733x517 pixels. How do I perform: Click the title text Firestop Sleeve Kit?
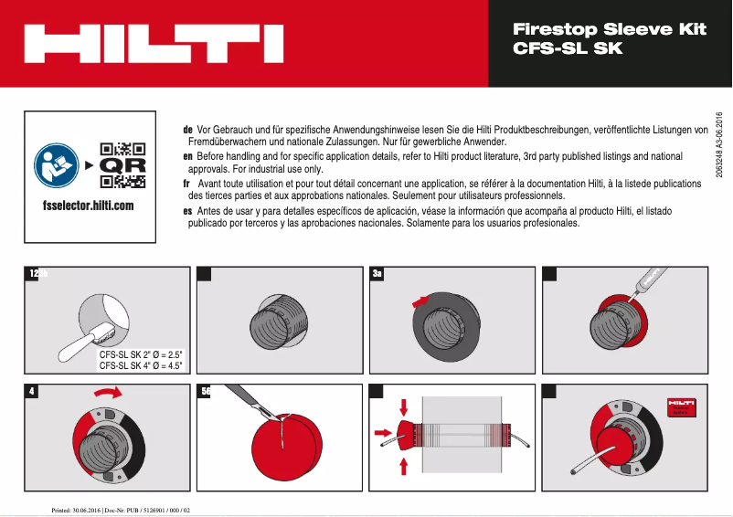click(x=610, y=29)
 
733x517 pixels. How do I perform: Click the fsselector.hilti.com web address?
click(x=88, y=206)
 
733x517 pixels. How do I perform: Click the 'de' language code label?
click(x=187, y=131)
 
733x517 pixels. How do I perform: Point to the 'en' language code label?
click(x=187, y=157)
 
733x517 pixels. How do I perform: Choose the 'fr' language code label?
click(x=187, y=184)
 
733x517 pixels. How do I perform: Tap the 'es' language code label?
click(x=187, y=210)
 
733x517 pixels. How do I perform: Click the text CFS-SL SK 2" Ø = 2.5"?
click(x=142, y=353)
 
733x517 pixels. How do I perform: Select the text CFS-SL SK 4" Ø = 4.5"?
click(x=142, y=365)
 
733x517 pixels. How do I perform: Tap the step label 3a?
click(x=377, y=273)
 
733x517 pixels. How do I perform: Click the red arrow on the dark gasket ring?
click(x=420, y=299)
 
